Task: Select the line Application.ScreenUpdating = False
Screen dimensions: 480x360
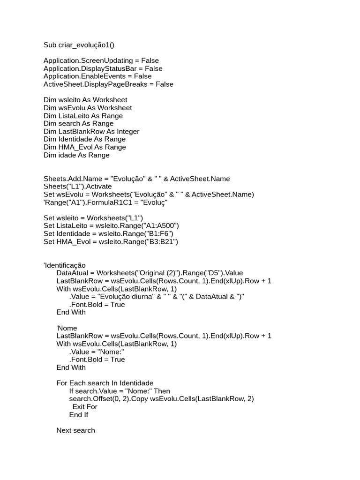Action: pos(101,60)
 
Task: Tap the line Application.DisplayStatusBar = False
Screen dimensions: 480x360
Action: pos(103,68)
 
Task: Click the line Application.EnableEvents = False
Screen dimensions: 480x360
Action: pos(97,76)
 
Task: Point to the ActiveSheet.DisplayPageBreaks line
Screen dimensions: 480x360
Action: pos(108,84)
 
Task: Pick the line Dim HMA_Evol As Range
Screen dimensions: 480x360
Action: pos(84,147)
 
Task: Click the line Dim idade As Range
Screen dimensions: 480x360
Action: pos(76,155)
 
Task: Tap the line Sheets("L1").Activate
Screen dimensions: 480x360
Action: pos(78,187)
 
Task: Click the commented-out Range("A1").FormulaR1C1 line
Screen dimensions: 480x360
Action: pos(105,202)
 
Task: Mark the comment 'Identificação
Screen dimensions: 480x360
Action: pos(64,265)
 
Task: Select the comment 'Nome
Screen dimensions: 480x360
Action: pos(67,328)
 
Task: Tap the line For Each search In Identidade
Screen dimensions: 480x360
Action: pos(105,383)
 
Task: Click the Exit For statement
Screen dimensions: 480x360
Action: pos(85,407)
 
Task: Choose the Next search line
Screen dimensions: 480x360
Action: pos(75,430)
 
